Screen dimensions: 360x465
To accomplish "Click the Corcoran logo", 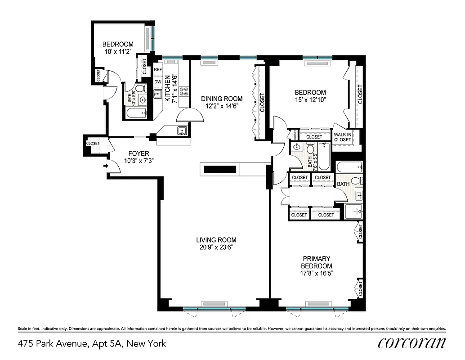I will point(412,343).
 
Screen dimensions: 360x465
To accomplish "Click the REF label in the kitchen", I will point(158,70).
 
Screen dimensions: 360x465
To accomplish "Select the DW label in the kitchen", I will point(158,82).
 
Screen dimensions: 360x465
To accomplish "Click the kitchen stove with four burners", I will point(184,92).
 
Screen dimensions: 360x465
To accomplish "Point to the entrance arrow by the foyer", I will point(106,166).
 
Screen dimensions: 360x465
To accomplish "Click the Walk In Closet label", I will point(343,136).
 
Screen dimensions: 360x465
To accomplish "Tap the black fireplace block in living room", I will point(220,170).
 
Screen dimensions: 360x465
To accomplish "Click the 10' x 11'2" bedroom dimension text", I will point(118,52).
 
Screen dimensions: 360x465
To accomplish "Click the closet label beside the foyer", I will point(93,143).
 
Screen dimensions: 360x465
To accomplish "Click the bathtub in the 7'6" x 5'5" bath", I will point(324,157).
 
